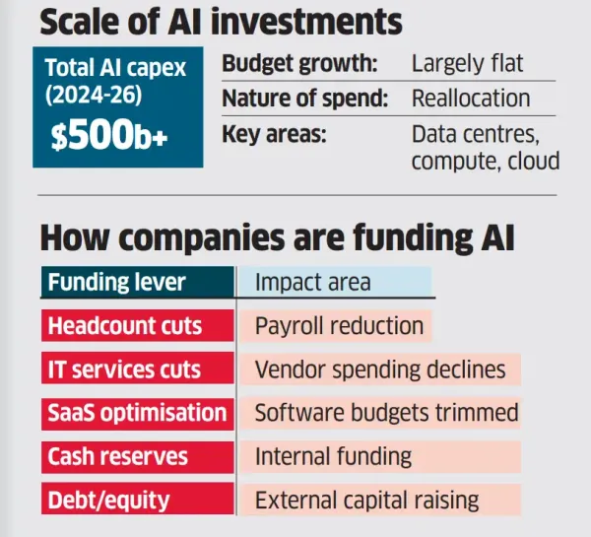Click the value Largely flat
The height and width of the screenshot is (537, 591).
point(468,65)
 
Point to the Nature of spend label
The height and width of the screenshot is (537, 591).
point(302,99)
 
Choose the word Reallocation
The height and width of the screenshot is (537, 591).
point(471,99)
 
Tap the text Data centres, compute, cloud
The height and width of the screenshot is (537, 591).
point(485,147)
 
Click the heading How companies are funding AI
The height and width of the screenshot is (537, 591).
point(277,237)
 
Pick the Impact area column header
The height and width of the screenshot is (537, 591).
point(312,283)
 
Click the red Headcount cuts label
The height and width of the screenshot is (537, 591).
point(124,326)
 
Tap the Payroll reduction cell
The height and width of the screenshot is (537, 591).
point(339,326)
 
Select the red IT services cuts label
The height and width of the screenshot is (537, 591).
point(124,369)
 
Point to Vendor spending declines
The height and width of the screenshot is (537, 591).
point(379,369)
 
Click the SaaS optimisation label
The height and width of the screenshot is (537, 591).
point(136,413)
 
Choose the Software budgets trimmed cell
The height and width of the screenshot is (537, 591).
point(386,413)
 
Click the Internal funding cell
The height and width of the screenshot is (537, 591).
point(333,456)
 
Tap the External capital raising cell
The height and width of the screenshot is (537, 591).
point(366,500)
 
